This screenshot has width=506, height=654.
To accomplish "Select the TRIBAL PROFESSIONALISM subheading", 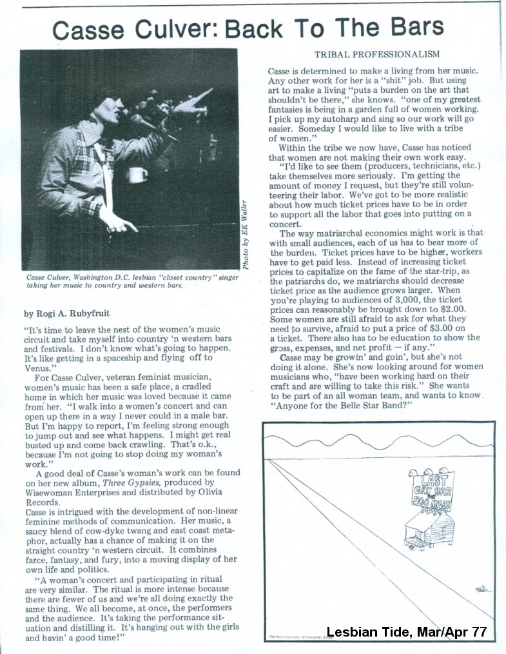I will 377,54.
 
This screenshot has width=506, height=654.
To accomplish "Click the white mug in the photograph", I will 137,174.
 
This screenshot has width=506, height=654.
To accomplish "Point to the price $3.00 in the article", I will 454,328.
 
